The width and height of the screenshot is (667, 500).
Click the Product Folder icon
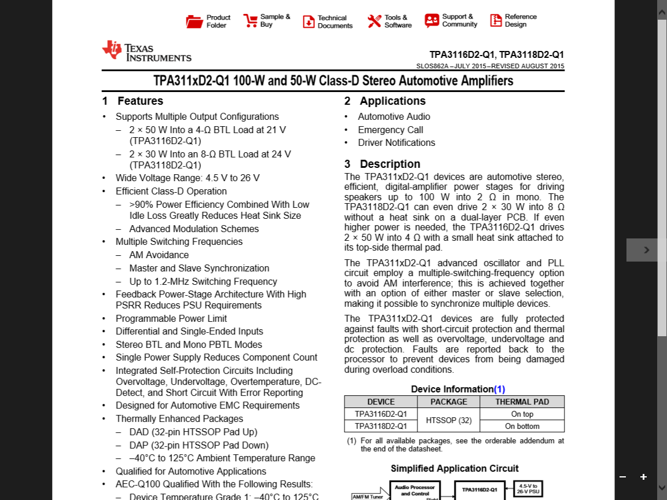tap(195, 21)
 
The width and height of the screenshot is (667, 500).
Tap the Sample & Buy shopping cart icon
tap(251, 21)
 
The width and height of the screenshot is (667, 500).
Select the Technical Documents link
tap(335, 22)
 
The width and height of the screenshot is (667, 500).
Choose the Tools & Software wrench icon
tap(374, 21)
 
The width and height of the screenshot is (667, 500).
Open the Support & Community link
tap(460, 21)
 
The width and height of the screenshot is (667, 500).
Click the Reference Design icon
tap(496, 21)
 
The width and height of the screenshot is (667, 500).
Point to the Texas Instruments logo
tap(146, 51)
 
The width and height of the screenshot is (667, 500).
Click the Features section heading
tap(140, 101)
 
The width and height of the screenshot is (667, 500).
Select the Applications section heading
tap(393, 101)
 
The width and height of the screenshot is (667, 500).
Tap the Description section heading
tap(390, 164)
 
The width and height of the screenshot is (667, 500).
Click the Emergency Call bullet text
tap(390, 130)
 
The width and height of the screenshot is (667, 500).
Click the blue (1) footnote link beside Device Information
tap(499, 389)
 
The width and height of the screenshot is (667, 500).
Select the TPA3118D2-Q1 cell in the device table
tap(381, 426)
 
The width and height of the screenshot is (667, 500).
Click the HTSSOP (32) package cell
tap(449, 420)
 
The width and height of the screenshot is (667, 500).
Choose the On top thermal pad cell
tap(522, 414)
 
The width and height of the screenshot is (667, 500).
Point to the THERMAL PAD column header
tap(522, 402)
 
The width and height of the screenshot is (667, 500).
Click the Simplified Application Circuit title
tap(455, 468)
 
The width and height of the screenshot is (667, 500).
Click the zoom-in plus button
tap(643, 477)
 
